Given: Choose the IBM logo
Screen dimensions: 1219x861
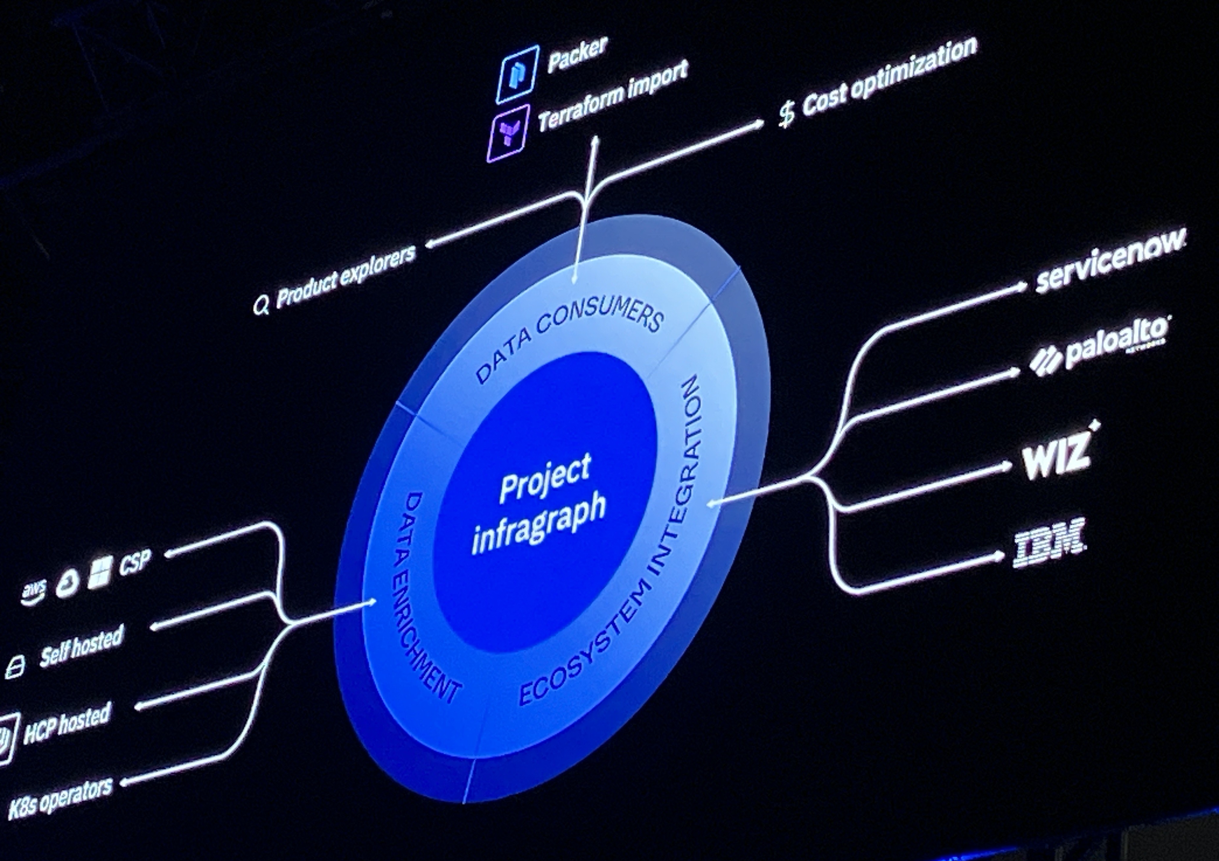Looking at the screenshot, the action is (1048, 541).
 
